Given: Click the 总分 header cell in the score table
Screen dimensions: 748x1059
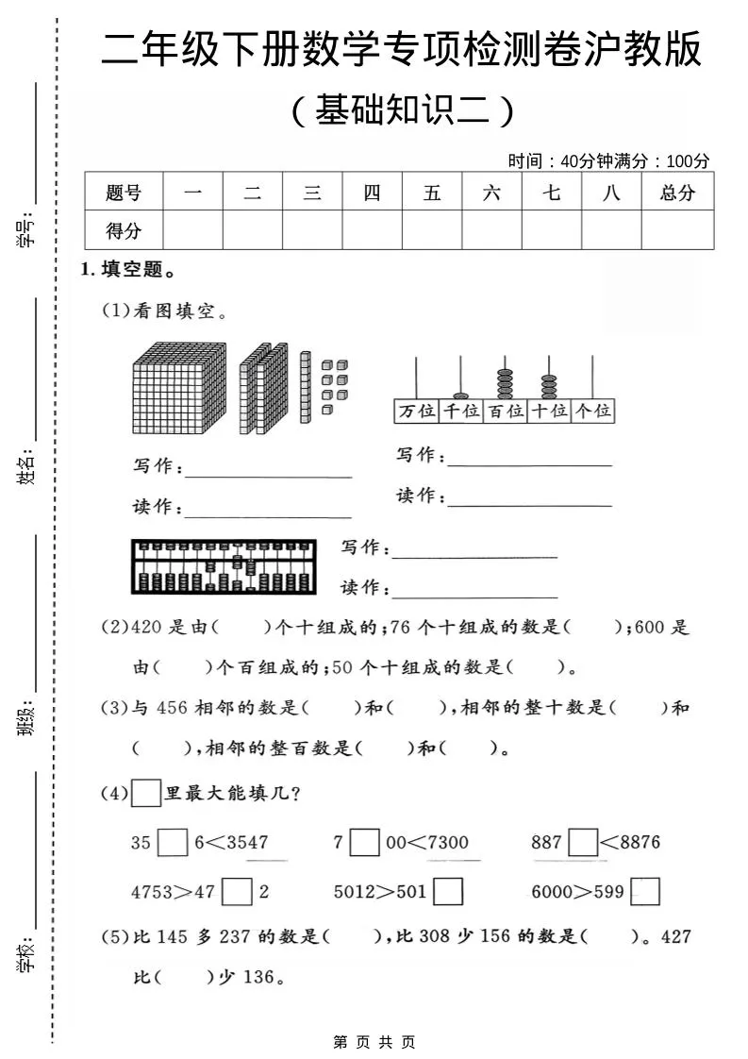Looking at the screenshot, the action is [677, 193].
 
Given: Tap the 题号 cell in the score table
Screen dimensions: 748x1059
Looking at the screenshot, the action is [124, 193].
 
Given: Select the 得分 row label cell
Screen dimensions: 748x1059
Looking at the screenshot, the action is [124, 230].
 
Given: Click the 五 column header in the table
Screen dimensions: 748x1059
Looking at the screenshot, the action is [432, 193].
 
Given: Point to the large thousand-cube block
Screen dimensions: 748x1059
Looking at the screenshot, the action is [180, 387].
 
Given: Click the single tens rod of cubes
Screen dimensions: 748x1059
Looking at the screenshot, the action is [305, 387].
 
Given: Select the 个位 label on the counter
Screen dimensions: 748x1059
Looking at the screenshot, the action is [592, 412].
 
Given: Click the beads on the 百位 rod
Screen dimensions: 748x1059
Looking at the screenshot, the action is [505, 382].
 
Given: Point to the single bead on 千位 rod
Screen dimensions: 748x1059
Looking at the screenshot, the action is [460, 395].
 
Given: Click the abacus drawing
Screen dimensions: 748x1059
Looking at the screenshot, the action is [224, 567].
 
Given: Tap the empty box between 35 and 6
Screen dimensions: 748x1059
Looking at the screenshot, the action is [173, 842].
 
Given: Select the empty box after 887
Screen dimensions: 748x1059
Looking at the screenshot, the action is [584, 842].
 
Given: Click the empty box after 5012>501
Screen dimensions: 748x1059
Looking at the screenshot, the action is [448, 892].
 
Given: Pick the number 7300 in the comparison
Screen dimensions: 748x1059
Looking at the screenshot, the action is [447, 842].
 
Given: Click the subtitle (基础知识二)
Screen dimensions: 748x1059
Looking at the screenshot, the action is [403, 111].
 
